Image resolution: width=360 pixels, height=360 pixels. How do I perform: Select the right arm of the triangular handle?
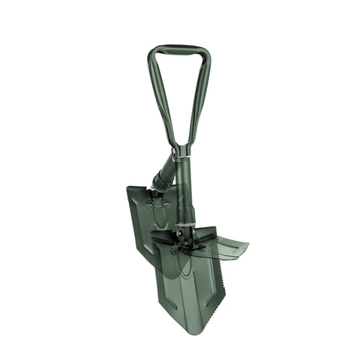coord(199,97)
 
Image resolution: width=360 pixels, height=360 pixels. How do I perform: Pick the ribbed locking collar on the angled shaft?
coord(162,181)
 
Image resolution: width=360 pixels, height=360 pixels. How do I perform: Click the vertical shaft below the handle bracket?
coord(184,187)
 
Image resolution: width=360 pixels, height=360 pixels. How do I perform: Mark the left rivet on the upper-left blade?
coord(149,204)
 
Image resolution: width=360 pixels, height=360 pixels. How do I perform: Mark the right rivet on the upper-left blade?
coord(166,204)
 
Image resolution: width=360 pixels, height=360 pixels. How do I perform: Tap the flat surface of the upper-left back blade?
coord(142,221)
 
